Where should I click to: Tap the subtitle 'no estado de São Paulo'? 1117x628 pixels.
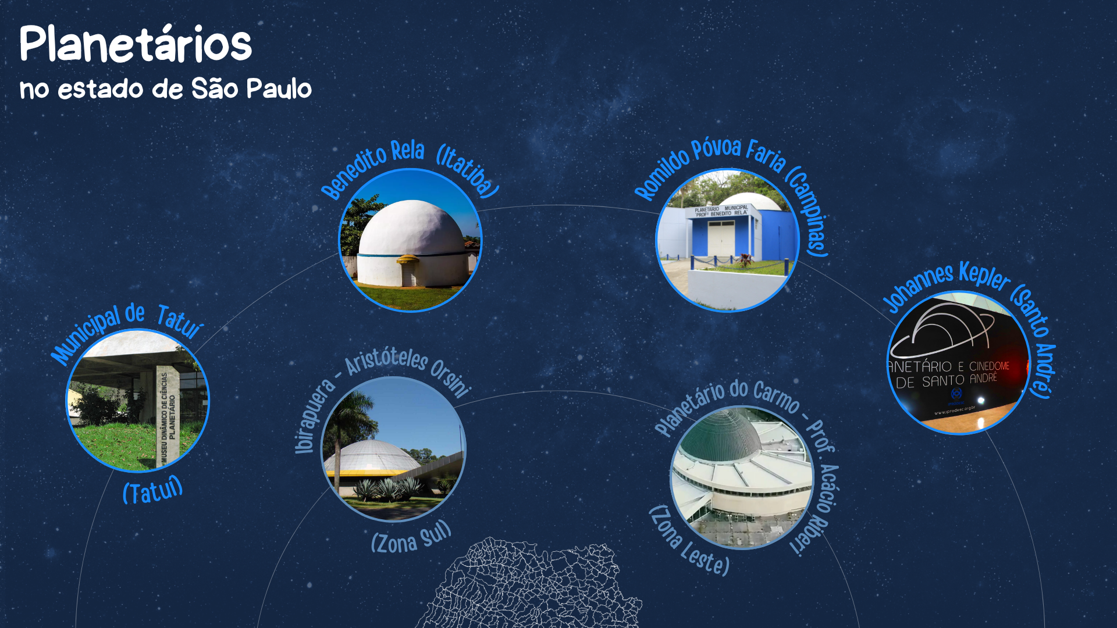pyautogui.click(x=166, y=89)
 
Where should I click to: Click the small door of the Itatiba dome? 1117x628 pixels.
pyautogui.click(x=408, y=273)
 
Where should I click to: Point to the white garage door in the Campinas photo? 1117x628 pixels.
pyautogui.click(x=721, y=238)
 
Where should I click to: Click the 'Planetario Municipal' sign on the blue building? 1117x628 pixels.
pyautogui.click(x=721, y=210)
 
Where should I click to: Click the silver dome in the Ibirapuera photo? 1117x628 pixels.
pyautogui.click(x=372, y=456)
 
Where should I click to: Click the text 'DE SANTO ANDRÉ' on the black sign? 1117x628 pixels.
pyautogui.click(x=947, y=380)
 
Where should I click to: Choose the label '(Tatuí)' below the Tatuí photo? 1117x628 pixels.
pyautogui.click(x=153, y=490)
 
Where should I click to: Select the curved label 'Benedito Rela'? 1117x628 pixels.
pyautogui.click(x=372, y=169)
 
